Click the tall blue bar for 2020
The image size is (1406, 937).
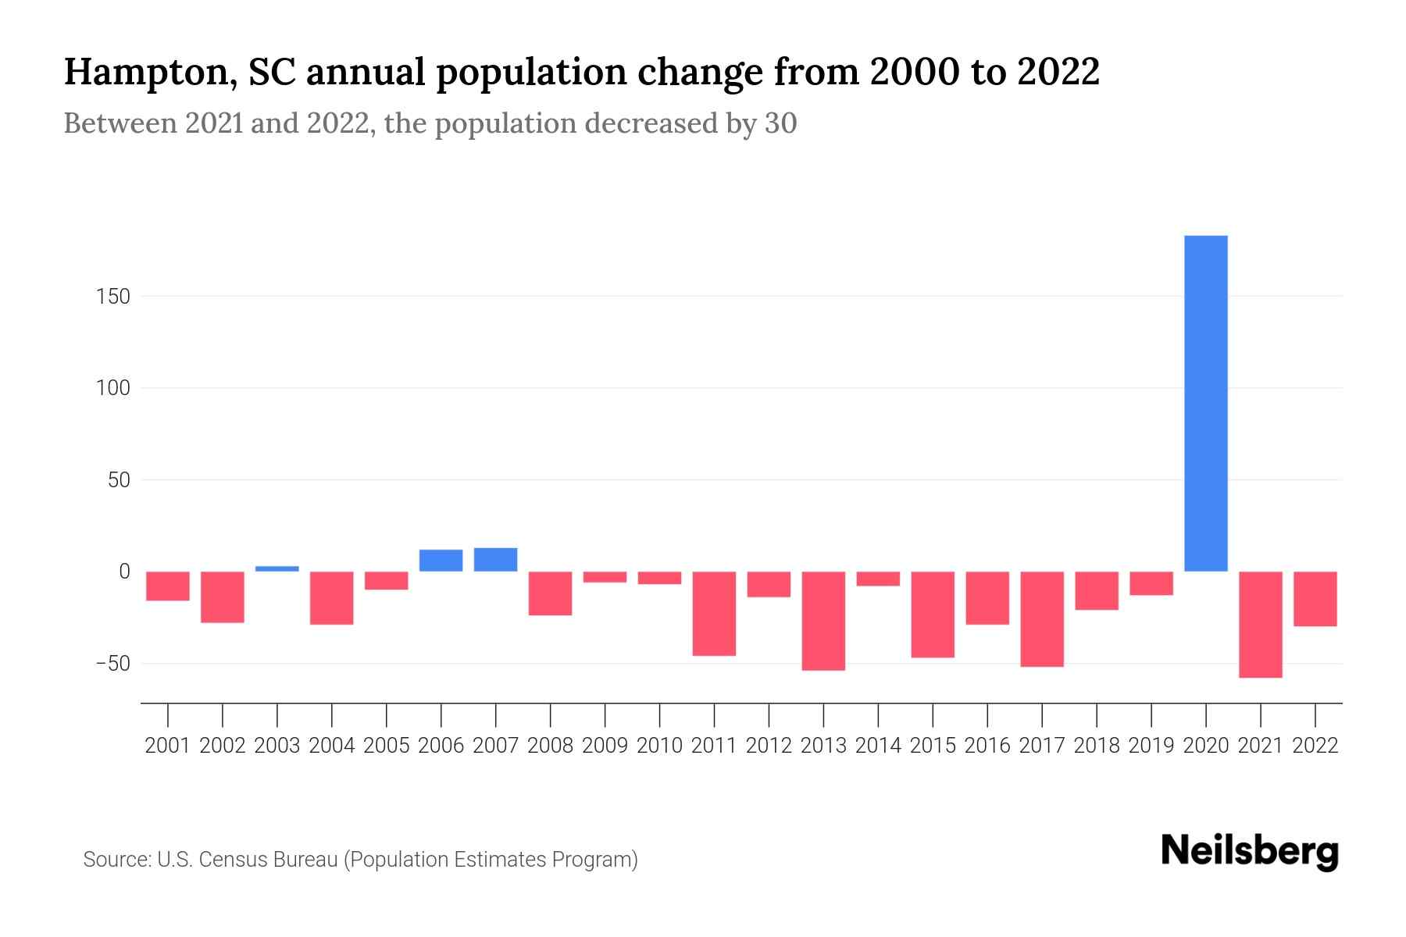(x=1205, y=404)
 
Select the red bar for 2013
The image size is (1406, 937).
(x=823, y=621)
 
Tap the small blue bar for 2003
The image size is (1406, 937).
(x=277, y=568)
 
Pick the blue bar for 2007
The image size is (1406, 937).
(x=495, y=560)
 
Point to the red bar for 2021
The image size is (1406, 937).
(x=1260, y=625)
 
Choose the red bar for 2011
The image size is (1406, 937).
(x=714, y=614)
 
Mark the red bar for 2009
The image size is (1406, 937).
(x=605, y=577)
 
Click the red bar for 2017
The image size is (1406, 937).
(x=1041, y=619)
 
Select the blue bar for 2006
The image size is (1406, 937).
(x=441, y=561)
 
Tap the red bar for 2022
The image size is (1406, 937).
(x=1315, y=599)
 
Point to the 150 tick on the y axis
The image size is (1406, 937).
(x=113, y=297)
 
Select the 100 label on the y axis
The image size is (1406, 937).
(x=113, y=388)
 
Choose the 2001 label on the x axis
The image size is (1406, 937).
(x=168, y=746)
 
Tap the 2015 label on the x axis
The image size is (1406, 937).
(x=933, y=746)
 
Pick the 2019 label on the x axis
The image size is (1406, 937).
(x=1151, y=746)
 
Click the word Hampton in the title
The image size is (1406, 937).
(x=146, y=73)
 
